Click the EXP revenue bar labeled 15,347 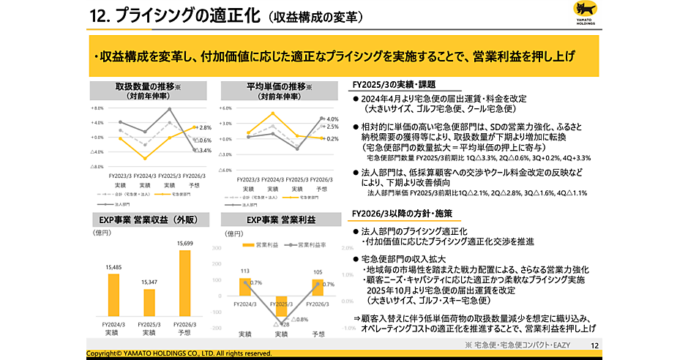149,301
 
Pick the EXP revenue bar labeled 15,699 184,282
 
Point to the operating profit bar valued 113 245,287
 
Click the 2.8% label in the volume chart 205,127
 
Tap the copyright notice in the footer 179,353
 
